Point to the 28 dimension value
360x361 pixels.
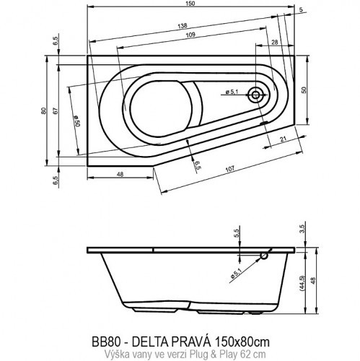coord(275,44)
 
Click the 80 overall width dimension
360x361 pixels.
coord(44,111)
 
